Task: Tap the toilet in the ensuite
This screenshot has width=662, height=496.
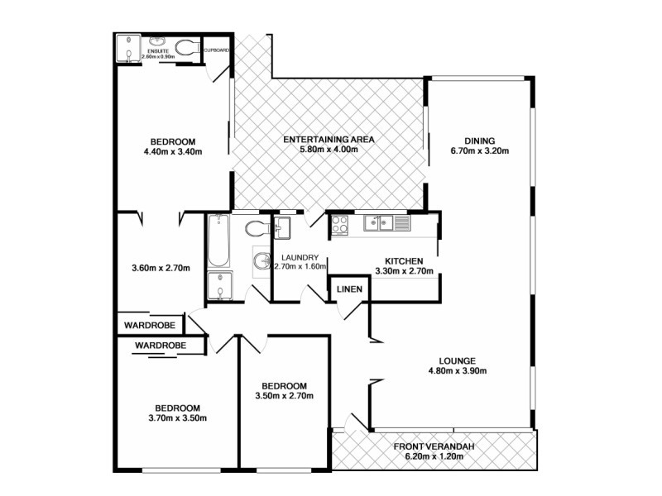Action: pyautogui.click(x=186, y=49)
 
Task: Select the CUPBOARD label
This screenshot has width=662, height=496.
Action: pyautogui.click(x=216, y=50)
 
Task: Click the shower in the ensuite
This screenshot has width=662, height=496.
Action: pyautogui.click(x=128, y=49)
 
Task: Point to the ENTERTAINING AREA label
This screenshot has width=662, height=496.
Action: pyautogui.click(x=329, y=140)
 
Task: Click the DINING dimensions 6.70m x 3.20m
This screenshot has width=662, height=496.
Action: pyautogui.click(x=479, y=151)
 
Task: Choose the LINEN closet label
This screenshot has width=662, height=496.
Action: pyautogui.click(x=348, y=289)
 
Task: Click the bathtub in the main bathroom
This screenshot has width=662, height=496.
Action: pyautogui.click(x=218, y=240)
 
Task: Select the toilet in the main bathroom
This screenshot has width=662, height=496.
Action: pyautogui.click(x=258, y=227)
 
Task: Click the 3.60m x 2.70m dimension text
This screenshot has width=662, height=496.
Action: pyautogui.click(x=161, y=268)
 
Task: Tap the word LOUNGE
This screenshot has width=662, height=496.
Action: pyautogui.click(x=456, y=360)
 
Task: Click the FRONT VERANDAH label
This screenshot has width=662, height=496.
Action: pyautogui.click(x=439, y=447)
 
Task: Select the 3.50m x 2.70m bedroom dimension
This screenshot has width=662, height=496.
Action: pyautogui.click(x=285, y=398)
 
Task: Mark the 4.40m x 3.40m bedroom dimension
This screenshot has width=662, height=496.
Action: pyautogui.click(x=173, y=151)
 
